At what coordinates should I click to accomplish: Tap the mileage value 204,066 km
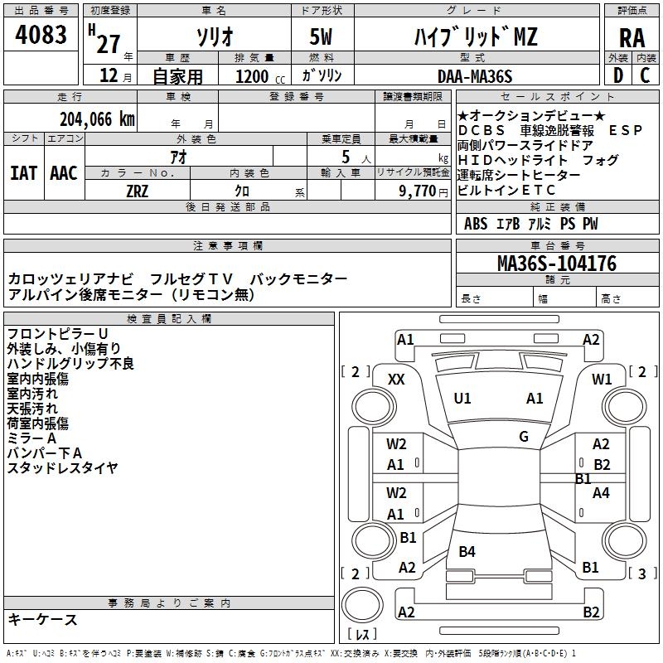coord(97,119)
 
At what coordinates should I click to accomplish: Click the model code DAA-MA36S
coord(475,76)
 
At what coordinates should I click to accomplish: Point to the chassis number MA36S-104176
coord(556,264)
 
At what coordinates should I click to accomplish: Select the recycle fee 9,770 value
coord(423,190)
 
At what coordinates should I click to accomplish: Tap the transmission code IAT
coord(23,172)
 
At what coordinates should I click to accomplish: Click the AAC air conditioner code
coord(64,172)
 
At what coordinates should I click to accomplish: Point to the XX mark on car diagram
coord(397,379)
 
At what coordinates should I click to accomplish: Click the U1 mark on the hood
coord(462,399)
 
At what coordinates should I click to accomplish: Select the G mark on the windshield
coord(524,437)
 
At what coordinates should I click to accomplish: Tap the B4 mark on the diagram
coord(467,552)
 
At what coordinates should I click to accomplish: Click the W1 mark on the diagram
coord(602,379)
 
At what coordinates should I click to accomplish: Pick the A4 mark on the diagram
coord(601,493)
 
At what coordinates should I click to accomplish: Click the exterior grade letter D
coord(617,75)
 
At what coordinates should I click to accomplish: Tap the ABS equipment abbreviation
coord(476,224)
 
